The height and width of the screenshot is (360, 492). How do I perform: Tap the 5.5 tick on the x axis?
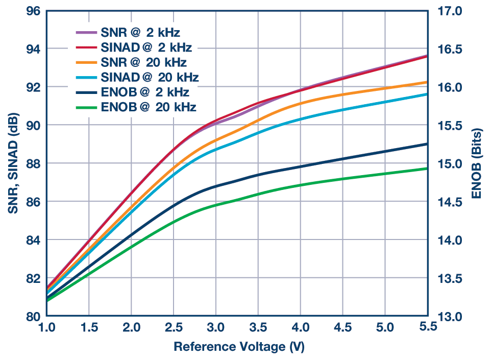426,327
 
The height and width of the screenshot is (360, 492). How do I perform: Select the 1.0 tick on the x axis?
47,327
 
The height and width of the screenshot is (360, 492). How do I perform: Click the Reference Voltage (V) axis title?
239,347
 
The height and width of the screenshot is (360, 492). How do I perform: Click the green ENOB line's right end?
427,169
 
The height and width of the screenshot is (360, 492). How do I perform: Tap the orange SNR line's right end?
427,82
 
